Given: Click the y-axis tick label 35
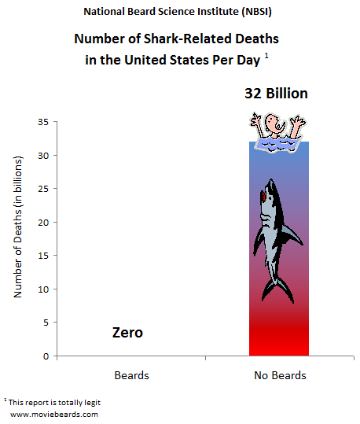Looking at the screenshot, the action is tap(43, 122).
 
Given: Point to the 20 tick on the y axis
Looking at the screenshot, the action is tap(43, 223).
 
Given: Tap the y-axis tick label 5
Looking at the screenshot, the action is tap(46, 323).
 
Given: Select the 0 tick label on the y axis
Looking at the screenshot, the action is tap(46, 356).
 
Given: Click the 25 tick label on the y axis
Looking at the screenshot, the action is tap(43, 189).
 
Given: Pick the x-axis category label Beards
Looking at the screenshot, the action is tap(131, 375).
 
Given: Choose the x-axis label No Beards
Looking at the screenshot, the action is tap(280, 375).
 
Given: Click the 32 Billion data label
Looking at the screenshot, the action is tap(276, 94).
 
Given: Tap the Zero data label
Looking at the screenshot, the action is tap(127, 332).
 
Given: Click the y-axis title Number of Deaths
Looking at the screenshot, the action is tap(18, 227).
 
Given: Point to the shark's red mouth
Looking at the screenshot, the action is tap(263, 196).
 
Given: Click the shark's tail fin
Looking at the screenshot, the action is tap(277, 291).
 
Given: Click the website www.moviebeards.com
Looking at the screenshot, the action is tap(54, 415).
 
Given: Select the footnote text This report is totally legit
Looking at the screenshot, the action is tap(54, 403).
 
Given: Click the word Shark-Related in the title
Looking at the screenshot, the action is tap(186, 39).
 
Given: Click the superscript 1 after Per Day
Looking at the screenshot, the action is tap(266, 56).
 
